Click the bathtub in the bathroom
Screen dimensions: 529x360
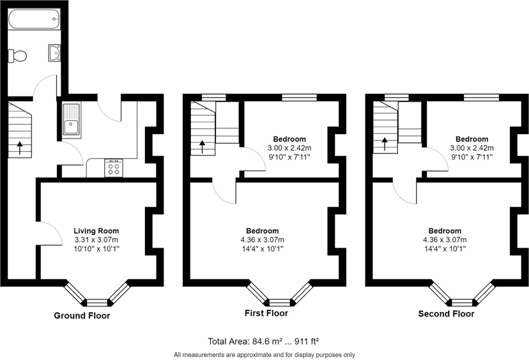coord(34,19)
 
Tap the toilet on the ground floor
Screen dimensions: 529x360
coord(17,56)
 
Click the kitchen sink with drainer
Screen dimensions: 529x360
coord(71,119)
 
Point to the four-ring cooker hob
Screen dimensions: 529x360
coord(114,168)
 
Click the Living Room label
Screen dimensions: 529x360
coord(96,231)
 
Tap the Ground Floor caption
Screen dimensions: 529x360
coord(82,316)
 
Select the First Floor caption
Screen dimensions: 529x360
coord(266,313)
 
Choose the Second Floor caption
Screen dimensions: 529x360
coord(446,314)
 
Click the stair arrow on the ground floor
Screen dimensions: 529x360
coord(20,147)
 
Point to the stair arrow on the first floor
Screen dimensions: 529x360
coord(202,147)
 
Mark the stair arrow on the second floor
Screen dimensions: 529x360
coord(384,144)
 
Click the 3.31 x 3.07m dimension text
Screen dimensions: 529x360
coord(96,240)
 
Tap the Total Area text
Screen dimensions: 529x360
coord(263,341)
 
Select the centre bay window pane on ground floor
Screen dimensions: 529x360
coord(98,303)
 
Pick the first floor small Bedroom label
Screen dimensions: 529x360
coord(289,139)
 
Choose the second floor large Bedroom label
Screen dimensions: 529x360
coord(445,231)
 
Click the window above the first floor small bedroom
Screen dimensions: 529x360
coord(300,98)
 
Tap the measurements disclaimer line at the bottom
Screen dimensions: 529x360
coord(264,355)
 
